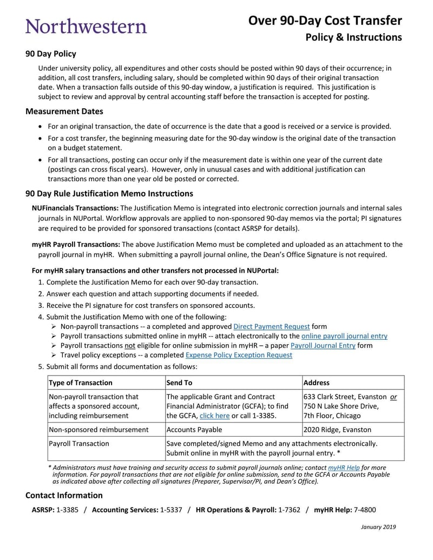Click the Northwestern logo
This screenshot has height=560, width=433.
86,27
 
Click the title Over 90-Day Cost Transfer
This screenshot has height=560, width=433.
325,21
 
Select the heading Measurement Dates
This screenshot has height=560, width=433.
64,111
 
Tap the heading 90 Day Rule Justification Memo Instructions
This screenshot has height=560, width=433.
109,194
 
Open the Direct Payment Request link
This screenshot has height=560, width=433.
271,326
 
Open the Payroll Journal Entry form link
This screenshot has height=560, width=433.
323,346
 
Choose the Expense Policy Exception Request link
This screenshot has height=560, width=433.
239,355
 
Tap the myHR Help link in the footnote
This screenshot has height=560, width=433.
344,467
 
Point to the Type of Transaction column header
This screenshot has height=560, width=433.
81,383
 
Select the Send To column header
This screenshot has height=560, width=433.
179,383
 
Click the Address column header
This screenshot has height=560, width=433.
317,383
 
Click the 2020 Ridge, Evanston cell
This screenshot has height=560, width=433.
338,430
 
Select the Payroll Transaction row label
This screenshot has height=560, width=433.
79,444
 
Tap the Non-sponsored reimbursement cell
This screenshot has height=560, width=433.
99,430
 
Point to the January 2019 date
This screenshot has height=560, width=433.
378,527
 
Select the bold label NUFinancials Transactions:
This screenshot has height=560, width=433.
75,208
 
